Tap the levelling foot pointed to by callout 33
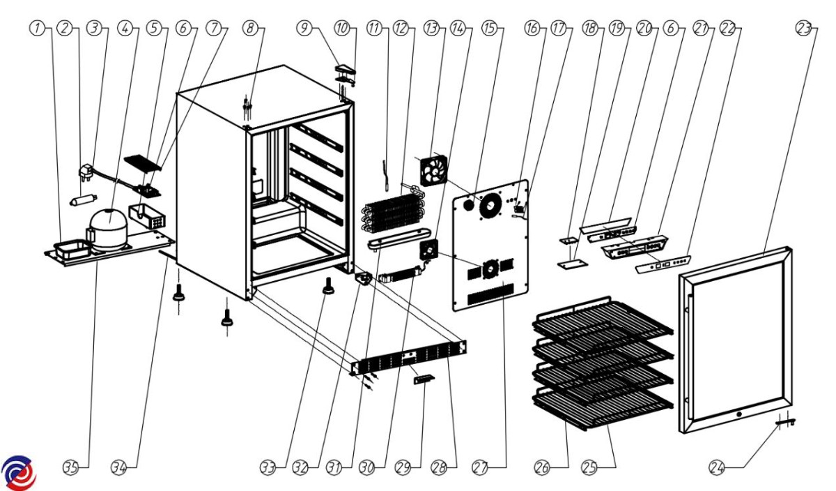pyautogui.click(x=327, y=286)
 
